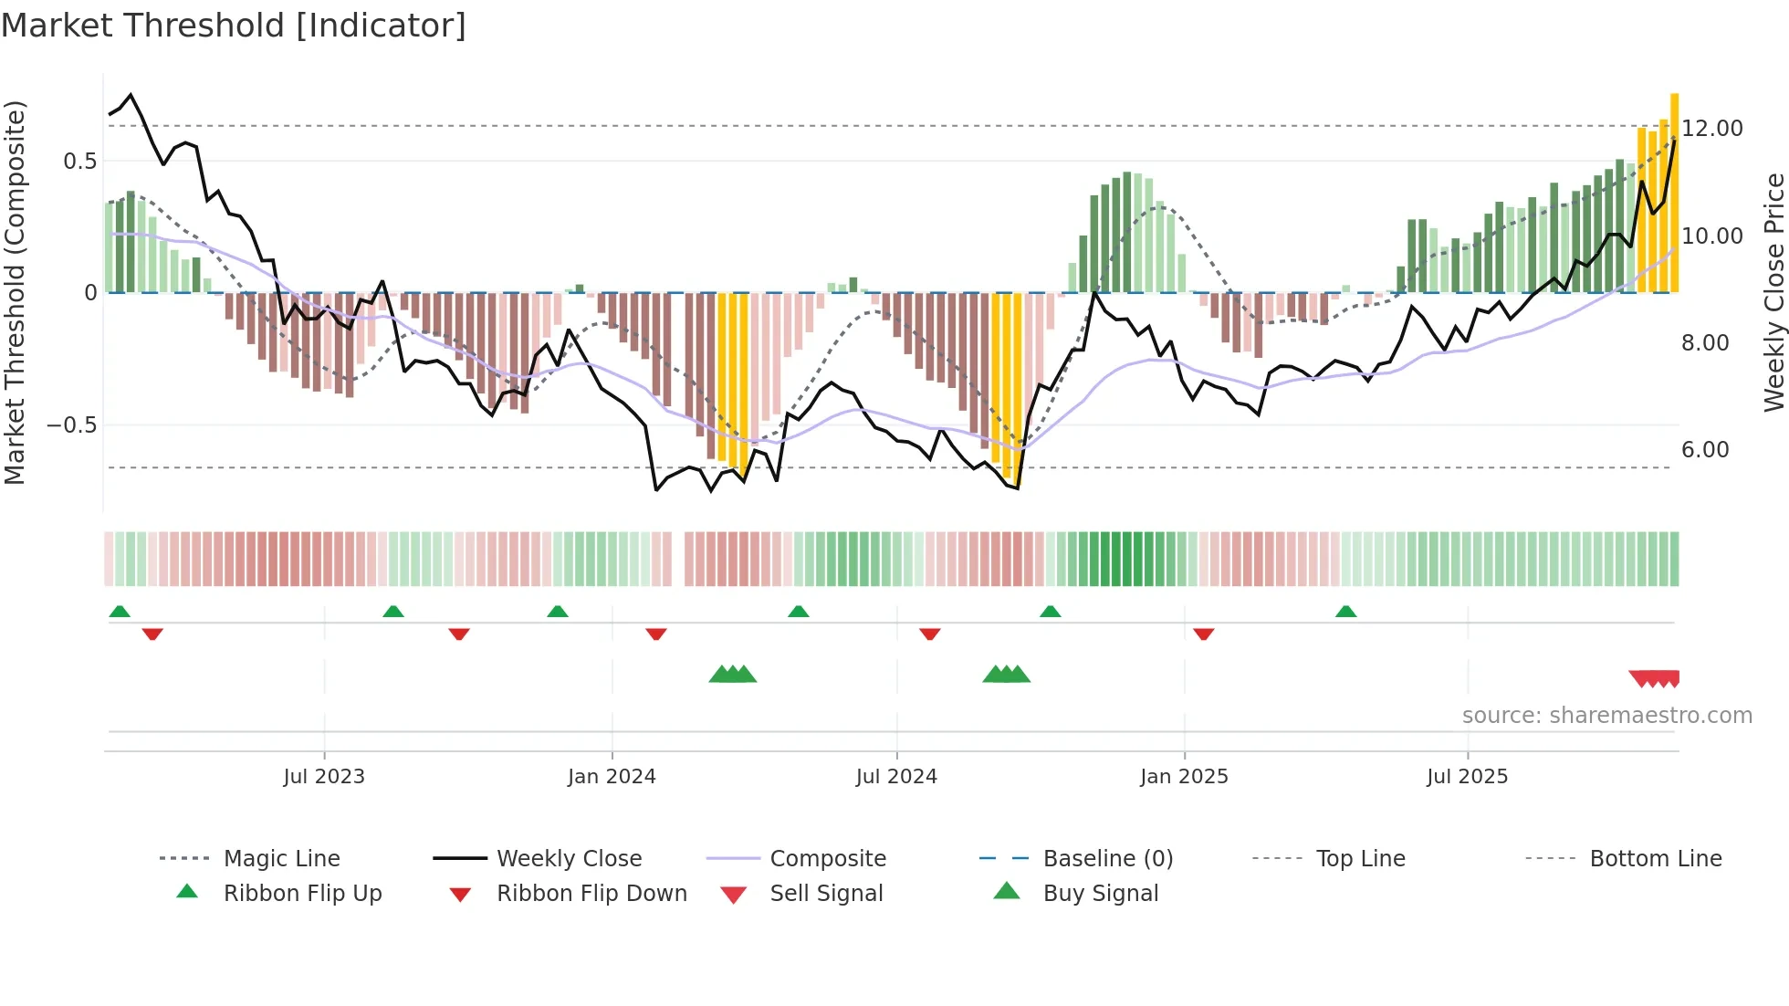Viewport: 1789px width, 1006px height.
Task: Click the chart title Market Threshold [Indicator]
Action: click(x=234, y=26)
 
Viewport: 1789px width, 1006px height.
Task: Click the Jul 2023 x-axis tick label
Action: click(x=323, y=777)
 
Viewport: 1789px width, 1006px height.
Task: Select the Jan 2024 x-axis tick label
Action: click(x=612, y=777)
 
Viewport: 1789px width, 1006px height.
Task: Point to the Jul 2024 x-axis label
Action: click(x=896, y=777)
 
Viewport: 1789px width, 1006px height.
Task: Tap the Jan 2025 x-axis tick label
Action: click(x=1184, y=777)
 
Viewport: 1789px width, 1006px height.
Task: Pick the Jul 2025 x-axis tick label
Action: click(x=1467, y=777)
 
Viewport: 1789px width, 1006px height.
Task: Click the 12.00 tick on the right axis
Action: click(x=1712, y=129)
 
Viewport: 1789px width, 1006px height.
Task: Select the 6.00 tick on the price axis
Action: click(x=1705, y=450)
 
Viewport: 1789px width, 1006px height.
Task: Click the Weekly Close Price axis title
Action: click(x=1773, y=292)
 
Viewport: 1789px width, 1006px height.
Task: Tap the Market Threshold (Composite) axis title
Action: click(x=15, y=292)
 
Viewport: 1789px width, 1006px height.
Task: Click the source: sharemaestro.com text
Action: click(x=1606, y=716)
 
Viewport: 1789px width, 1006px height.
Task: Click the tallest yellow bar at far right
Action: click(x=1674, y=192)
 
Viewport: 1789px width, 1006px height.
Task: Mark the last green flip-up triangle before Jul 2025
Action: click(x=1345, y=612)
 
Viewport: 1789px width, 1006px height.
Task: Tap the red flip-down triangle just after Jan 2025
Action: click(x=1203, y=634)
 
